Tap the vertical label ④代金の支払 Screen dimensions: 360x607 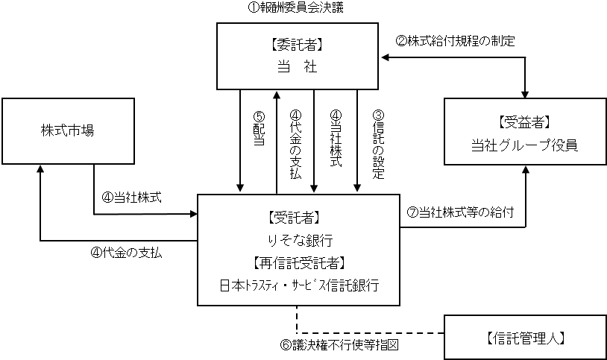tap(295, 142)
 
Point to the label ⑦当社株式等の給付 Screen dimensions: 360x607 tap(460, 212)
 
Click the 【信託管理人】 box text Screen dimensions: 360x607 tap(520, 337)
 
